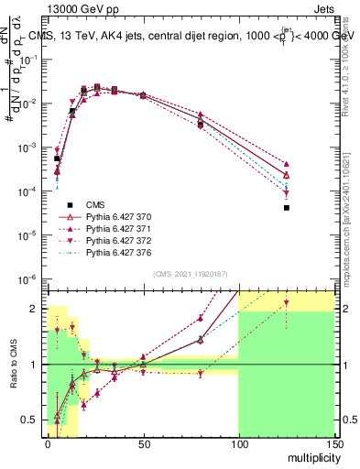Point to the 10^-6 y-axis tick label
29,278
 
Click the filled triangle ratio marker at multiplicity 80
200,318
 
